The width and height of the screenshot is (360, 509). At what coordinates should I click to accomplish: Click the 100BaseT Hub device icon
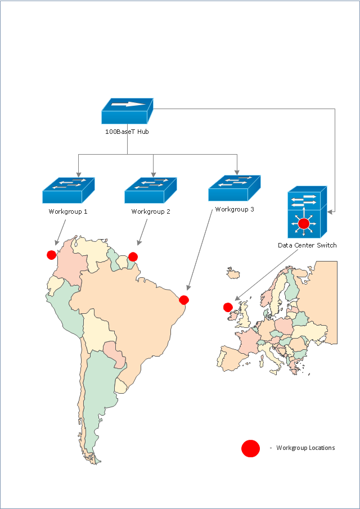click(x=127, y=111)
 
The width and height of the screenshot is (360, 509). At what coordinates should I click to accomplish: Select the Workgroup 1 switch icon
click(x=68, y=191)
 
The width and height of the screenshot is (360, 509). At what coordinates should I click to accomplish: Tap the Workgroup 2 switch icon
click(x=150, y=191)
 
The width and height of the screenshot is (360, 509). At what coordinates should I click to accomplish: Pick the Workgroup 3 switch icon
click(x=234, y=188)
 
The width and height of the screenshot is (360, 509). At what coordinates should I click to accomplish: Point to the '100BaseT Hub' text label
click(x=127, y=132)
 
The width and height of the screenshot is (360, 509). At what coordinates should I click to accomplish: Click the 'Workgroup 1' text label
click(x=68, y=212)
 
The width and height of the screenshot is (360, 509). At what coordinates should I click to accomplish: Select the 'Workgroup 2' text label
click(x=151, y=212)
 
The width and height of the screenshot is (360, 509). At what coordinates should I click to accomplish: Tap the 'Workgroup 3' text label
click(x=235, y=210)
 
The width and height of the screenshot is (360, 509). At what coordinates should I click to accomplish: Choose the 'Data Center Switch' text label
click(x=307, y=245)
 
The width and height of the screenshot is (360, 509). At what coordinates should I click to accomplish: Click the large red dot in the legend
click(x=250, y=448)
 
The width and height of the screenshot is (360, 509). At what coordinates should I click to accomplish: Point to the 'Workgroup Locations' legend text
click(x=305, y=448)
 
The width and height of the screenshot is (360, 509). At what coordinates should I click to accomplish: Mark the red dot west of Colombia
click(x=51, y=255)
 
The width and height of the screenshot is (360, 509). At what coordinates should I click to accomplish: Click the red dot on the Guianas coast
click(x=133, y=257)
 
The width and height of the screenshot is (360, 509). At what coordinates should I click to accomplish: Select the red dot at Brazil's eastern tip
click(x=184, y=300)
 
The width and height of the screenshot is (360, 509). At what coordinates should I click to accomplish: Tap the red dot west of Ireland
click(x=228, y=307)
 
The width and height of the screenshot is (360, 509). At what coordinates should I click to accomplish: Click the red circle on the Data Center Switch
click(x=304, y=224)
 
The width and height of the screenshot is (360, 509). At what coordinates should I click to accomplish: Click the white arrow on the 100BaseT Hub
click(x=128, y=104)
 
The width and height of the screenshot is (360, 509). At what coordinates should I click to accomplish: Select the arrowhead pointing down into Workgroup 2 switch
click(x=154, y=174)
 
